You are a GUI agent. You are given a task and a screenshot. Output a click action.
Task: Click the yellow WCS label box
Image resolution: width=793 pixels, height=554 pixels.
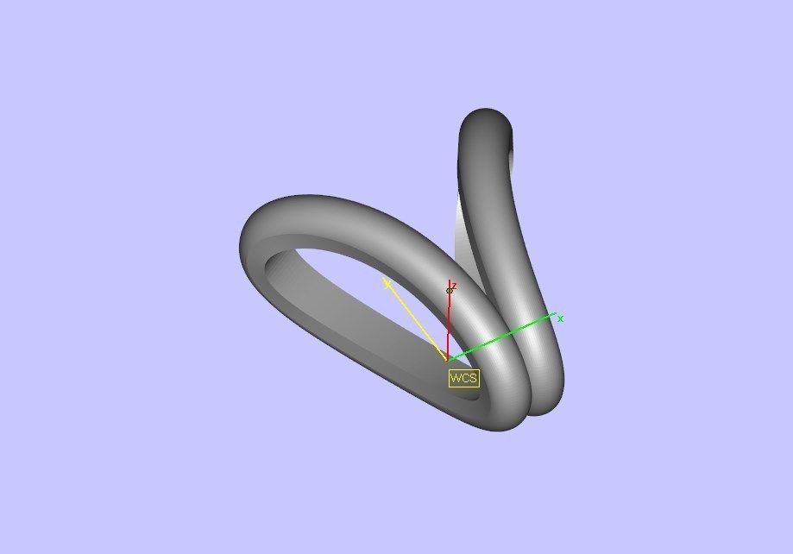point(463,378)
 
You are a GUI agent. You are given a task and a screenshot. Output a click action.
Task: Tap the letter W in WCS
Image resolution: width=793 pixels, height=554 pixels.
point(456,378)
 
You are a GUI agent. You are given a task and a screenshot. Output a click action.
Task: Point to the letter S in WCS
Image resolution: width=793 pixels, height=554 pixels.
point(472,378)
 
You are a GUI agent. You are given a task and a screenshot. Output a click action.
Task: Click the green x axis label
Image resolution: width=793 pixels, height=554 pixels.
point(560,318)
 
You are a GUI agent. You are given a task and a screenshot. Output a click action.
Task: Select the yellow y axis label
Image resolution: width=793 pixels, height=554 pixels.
point(387,282)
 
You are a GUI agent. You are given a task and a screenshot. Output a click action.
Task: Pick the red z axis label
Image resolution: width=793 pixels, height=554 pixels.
point(454,285)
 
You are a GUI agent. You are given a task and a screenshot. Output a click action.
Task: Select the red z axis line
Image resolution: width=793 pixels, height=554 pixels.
point(449,328)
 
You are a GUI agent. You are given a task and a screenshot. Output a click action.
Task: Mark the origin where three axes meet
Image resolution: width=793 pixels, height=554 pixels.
point(448,359)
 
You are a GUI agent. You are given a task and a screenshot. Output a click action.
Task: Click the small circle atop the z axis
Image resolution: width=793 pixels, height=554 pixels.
point(449,291)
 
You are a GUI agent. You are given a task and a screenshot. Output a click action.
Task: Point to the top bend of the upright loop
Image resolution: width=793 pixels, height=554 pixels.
point(487,116)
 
